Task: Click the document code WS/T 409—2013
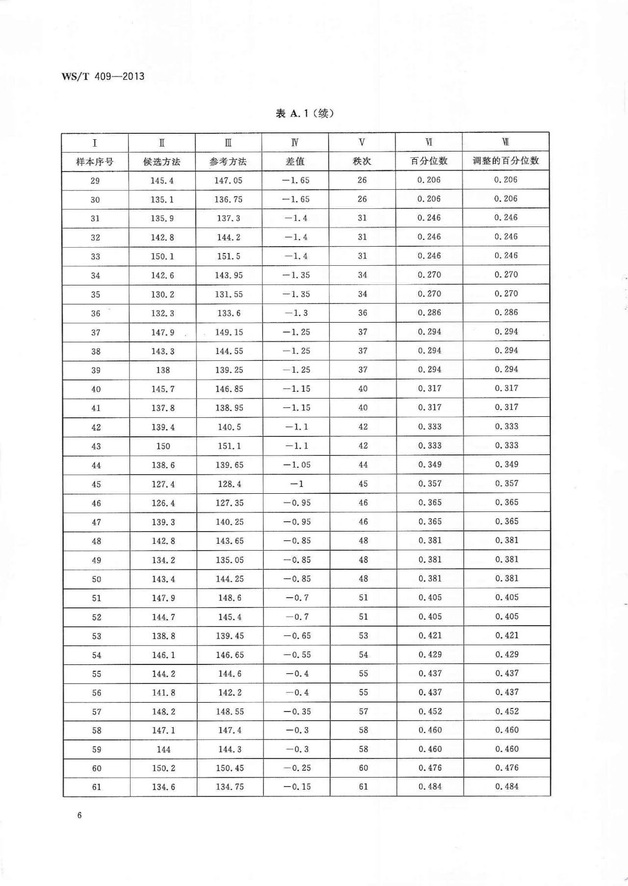click(x=103, y=76)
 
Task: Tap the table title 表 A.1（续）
click(x=305, y=114)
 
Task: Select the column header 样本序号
click(x=95, y=161)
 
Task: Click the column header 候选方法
click(x=162, y=161)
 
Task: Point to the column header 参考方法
click(x=228, y=161)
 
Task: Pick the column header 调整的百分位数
click(x=506, y=160)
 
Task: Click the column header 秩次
click(x=362, y=161)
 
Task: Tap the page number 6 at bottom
click(x=79, y=815)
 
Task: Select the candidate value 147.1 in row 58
click(x=163, y=730)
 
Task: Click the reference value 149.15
click(x=229, y=332)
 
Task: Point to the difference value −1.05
click(x=296, y=465)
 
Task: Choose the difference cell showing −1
click(x=296, y=484)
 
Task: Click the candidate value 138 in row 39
click(x=163, y=370)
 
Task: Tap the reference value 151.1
click(x=229, y=446)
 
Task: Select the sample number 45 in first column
click(x=96, y=484)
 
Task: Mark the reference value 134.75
click(x=230, y=787)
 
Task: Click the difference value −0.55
click(x=296, y=655)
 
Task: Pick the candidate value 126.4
click(x=163, y=503)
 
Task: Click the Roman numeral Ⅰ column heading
click(x=95, y=143)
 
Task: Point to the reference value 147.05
click(x=228, y=180)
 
